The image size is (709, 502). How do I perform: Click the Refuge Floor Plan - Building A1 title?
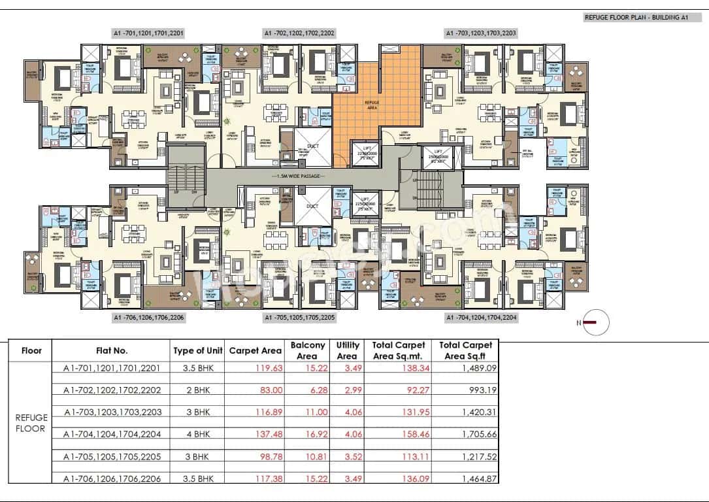[x=636, y=18]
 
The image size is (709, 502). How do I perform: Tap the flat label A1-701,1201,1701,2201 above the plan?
[x=149, y=32]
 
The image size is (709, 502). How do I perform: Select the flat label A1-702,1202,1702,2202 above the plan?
[x=299, y=32]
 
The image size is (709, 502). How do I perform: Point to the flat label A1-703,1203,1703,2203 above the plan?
[x=481, y=32]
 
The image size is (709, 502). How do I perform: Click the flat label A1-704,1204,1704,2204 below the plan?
[x=481, y=318]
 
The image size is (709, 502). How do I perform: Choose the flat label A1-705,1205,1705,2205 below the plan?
[x=299, y=318]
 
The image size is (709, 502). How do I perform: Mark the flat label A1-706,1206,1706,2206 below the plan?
[x=149, y=318]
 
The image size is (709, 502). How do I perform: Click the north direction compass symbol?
[x=595, y=322]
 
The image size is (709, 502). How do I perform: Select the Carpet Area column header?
[x=256, y=350]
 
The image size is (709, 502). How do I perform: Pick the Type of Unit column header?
[x=198, y=350]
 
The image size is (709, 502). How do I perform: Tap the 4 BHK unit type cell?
[x=198, y=434]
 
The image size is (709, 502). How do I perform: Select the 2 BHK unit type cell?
[x=198, y=390]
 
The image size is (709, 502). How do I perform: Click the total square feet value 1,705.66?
[x=478, y=434]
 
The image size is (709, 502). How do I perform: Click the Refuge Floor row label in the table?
[x=31, y=422]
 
